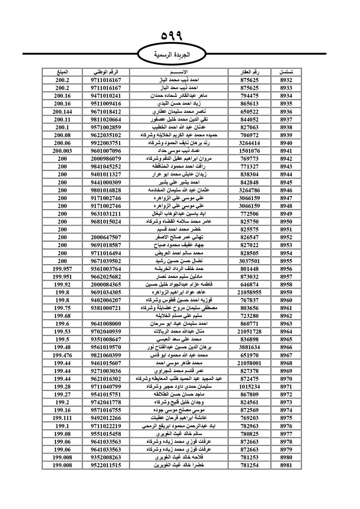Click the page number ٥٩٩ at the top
pos(172,36)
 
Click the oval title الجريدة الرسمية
pos(171,55)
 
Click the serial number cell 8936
pos(286,112)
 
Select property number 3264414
pos(249,143)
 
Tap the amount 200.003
pos(62,151)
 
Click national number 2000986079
pos(106,159)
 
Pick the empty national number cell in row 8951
pos(106,229)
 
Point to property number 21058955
pos(249,292)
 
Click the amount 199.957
pos(62,269)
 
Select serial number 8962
pos(286,316)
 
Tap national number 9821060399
pos(106,355)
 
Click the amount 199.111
pos(62,418)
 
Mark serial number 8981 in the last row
pos(286,465)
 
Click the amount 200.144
pos(62,112)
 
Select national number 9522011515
pos(106,465)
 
